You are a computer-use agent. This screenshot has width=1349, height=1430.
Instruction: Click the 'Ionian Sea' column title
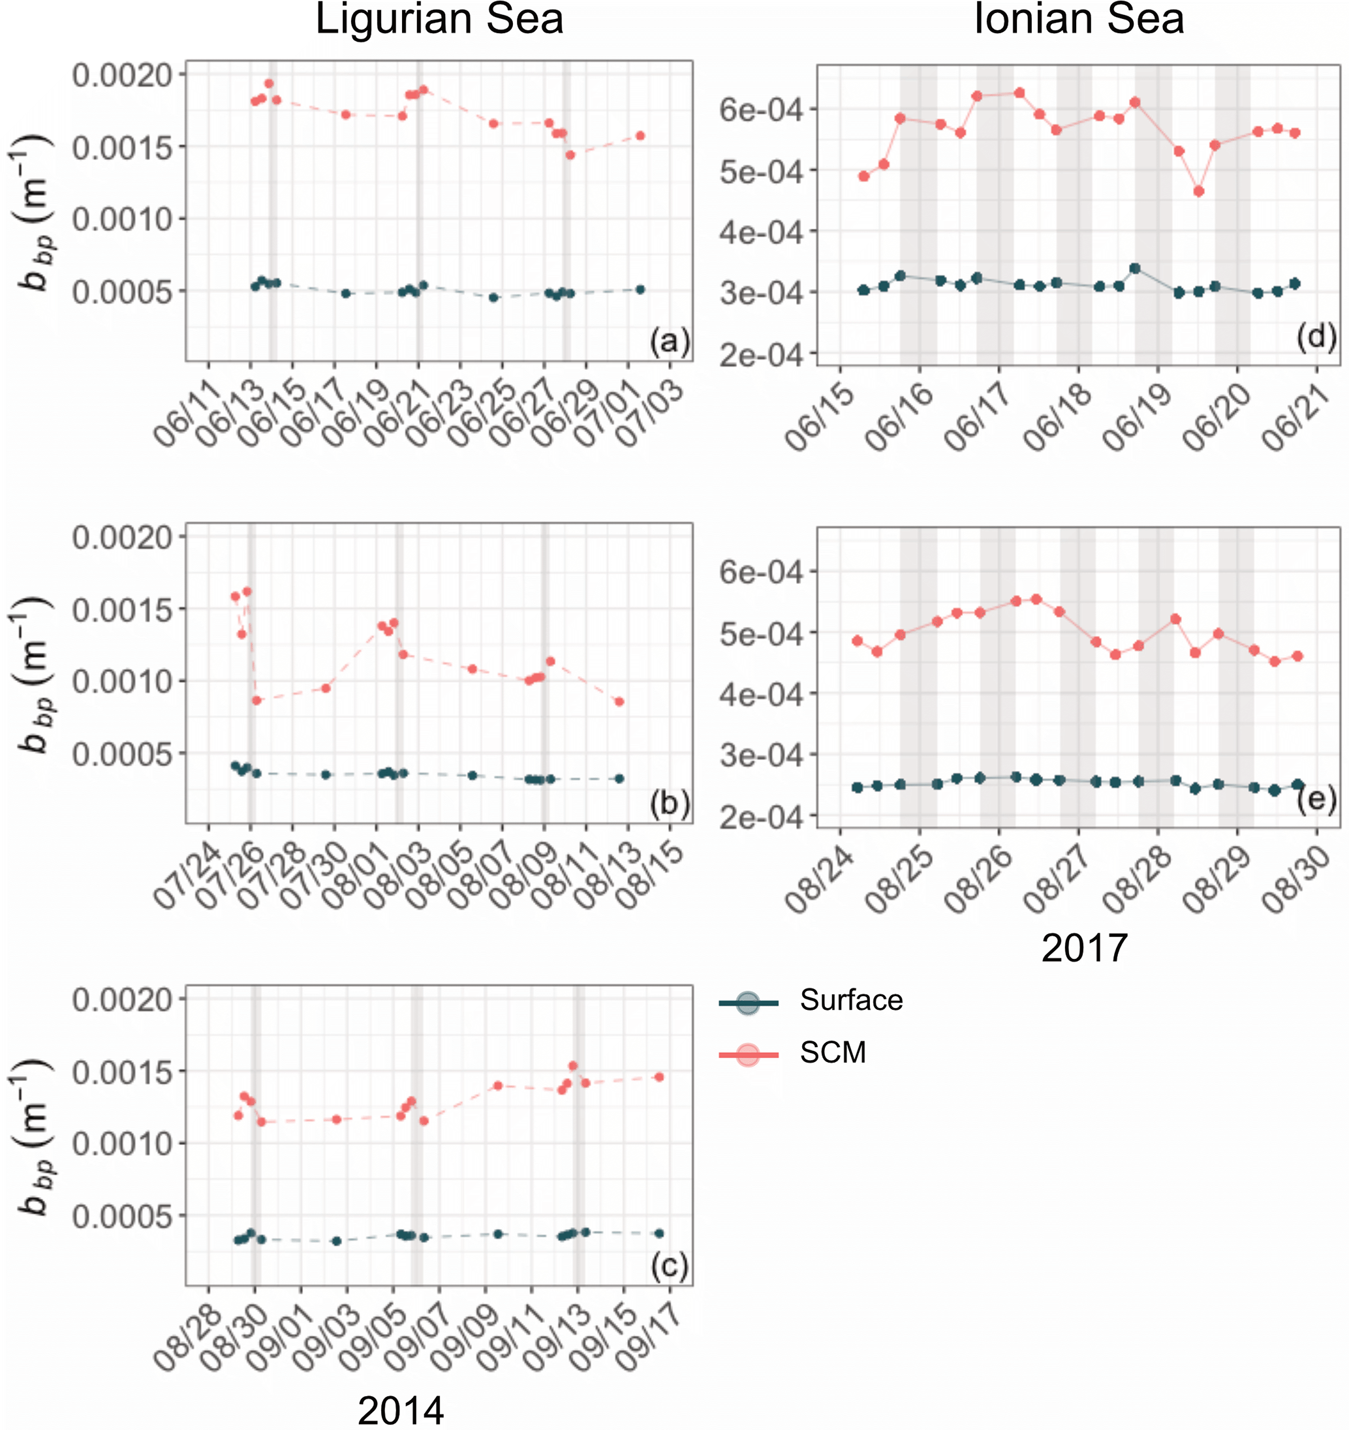pos(1078,20)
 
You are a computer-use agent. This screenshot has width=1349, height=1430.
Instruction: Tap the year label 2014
pos(400,1410)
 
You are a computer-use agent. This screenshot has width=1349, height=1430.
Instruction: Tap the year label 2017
pos(1083,947)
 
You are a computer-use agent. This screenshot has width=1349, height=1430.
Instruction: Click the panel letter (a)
pos(669,341)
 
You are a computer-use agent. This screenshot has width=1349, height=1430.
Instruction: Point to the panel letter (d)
pos(1316,337)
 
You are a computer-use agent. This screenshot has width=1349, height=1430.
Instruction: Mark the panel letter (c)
pos(669,1266)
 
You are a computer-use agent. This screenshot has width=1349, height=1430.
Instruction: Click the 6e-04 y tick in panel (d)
pos(760,110)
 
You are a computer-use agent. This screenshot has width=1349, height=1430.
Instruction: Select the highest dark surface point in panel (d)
pos(1136,268)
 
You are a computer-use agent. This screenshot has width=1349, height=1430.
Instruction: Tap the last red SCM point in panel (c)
pos(659,1077)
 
